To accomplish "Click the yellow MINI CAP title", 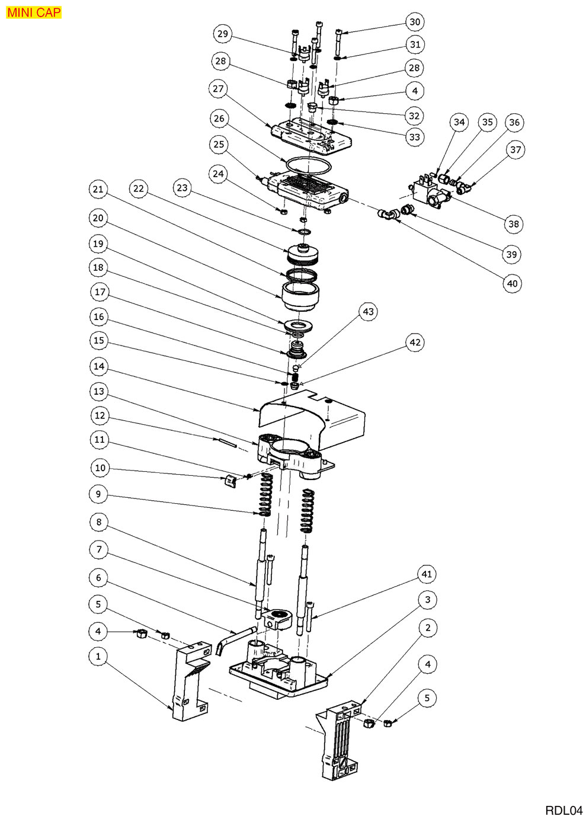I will pyautogui.click(x=34, y=12).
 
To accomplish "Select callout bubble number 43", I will pyautogui.click(x=369, y=312).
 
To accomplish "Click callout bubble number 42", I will pyautogui.click(x=415, y=342).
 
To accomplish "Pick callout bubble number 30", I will pyautogui.click(x=415, y=23).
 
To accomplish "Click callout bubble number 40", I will pyautogui.click(x=513, y=283).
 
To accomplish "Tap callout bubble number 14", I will pyautogui.click(x=99, y=366).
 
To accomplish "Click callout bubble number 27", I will pyautogui.click(x=219, y=88).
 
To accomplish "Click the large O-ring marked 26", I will pyautogui.click(x=307, y=162).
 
